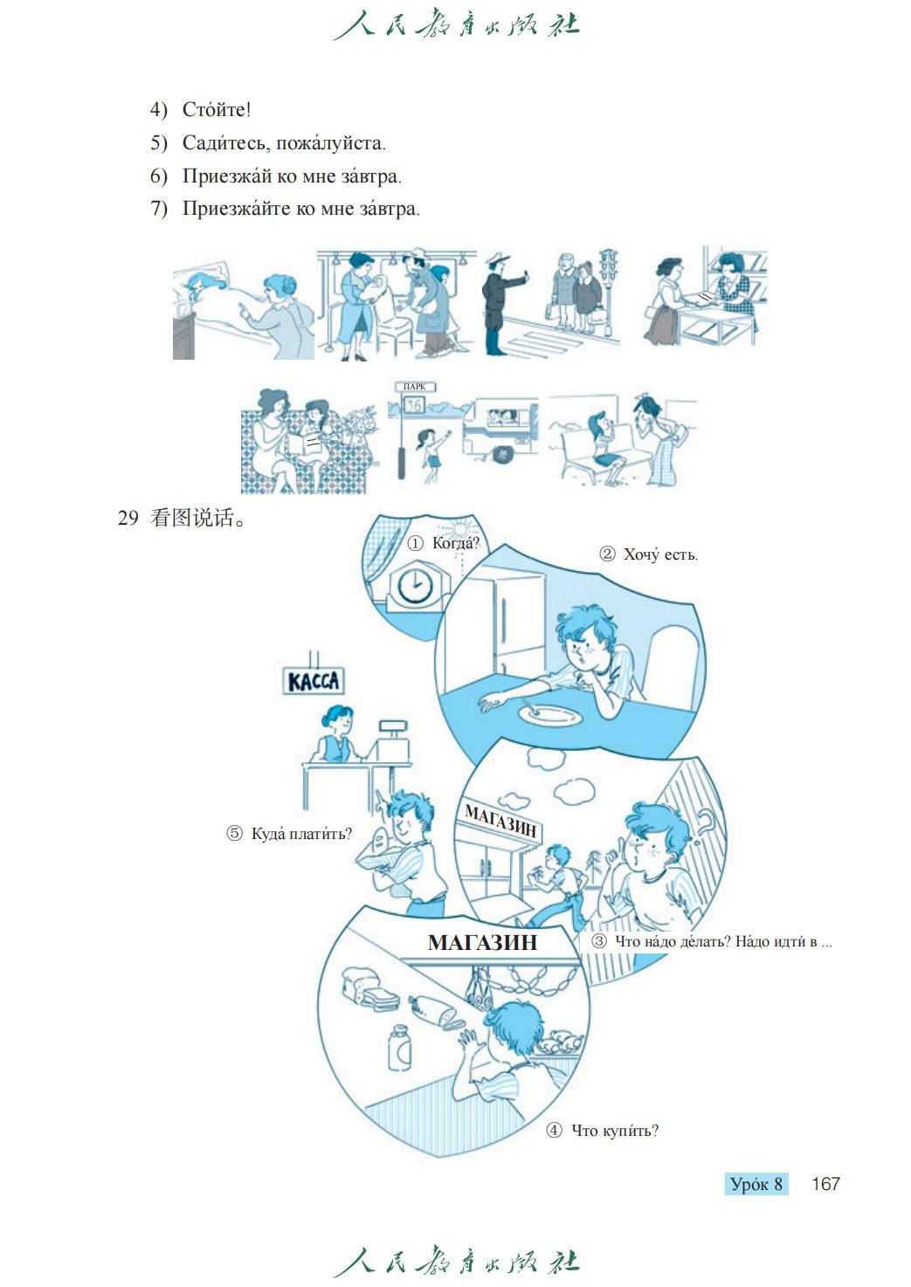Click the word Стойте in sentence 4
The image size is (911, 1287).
click(217, 109)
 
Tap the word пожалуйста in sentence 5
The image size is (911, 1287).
click(330, 142)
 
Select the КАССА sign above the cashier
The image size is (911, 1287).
click(314, 681)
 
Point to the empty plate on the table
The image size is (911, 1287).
click(550, 714)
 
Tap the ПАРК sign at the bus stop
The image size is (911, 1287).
click(414, 387)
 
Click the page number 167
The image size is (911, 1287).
click(825, 1184)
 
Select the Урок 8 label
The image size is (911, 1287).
click(756, 1184)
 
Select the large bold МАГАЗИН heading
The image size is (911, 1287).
click(483, 942)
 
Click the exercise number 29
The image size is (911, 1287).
click(128, 519)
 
